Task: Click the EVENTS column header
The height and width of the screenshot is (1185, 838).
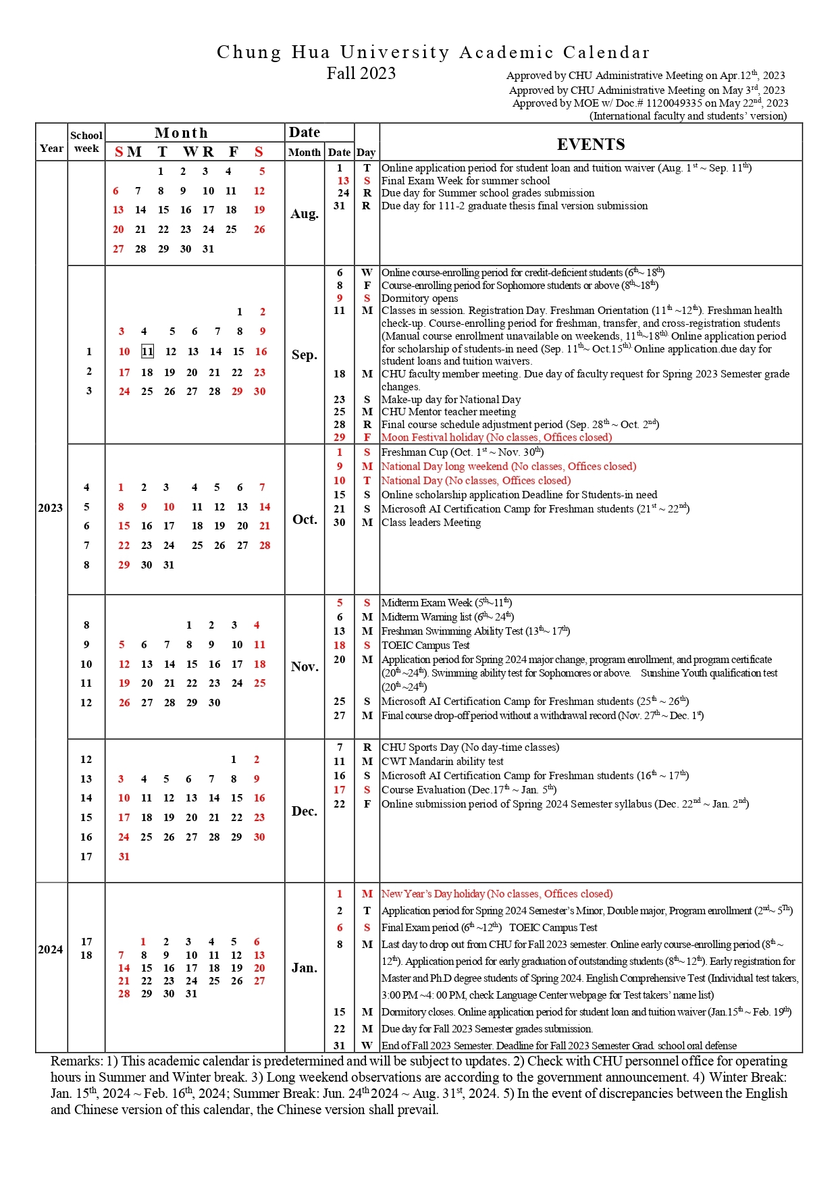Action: [x=591, y=144]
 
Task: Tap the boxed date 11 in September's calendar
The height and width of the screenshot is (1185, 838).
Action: [x=147, y=351]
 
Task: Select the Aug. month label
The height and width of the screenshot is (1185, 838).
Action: [x=305, y=214]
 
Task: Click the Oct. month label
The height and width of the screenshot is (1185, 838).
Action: [x=305, y=519]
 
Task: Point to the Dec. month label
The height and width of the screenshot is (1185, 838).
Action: [x=305, y=811]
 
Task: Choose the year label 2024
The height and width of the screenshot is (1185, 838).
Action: [x=51, y=949]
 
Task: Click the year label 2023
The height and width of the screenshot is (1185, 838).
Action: [x=51, y=508]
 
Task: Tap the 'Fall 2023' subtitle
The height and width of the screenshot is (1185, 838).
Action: [x=361, y=73]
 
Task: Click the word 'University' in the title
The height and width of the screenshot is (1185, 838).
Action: [x=395, y=52]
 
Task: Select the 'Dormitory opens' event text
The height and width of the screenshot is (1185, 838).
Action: [x=419, y=298]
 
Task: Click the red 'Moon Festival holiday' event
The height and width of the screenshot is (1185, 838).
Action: [x=496, y=438]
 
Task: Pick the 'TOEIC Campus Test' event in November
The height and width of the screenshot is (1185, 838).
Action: [x=425, y=645]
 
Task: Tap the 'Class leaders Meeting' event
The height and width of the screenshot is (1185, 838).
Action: [x=431, y=523]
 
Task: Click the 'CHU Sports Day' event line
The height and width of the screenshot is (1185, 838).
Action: [x=470, y=747]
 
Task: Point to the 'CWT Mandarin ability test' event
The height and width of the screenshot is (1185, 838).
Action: [x=442, y=762]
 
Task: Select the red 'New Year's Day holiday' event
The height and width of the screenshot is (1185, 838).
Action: [x=497, y=894]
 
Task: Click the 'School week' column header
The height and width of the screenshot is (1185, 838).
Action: [x=86, y=142]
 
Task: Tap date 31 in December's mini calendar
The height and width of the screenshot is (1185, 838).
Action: [x=124, y=857]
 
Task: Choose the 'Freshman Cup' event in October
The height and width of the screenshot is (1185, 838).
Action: [x=462, y=452]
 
